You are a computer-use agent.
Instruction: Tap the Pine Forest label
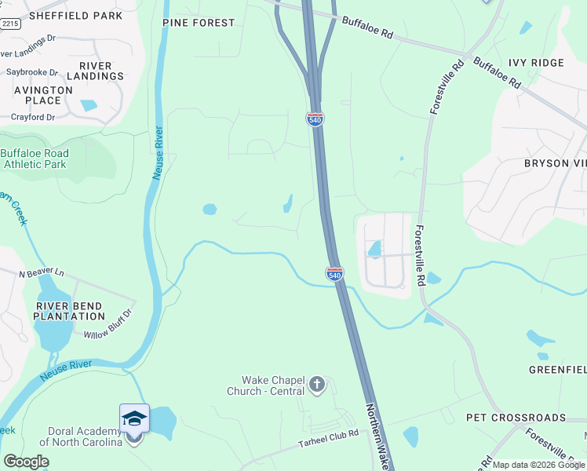coord(199,23)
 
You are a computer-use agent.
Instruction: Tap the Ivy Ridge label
coord(536,63)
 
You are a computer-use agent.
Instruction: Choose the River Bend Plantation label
coord(69,310)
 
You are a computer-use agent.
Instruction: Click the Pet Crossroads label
coord(516,417)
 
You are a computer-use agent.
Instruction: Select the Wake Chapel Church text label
coord(266,385)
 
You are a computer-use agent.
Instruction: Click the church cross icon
coord(317,384)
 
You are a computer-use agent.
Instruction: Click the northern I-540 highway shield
coord(315,119)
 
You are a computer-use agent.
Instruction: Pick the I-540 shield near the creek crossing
coord(334,274)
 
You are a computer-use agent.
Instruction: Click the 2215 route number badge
coord(10,24)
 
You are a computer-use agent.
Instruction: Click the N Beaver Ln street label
coord(40,272)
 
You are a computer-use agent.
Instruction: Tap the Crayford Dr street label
coord(33,117)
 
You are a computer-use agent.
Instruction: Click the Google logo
coord(26,462)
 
